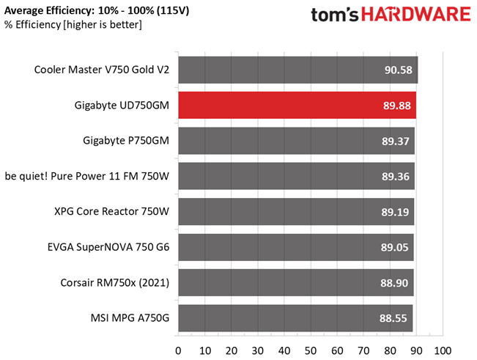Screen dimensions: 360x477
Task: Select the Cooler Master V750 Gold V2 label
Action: pyautogui.click(x=101, y=70)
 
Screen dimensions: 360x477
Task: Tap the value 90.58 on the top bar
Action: pyautogui.click(x=399, y=70)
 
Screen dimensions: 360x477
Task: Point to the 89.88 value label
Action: pyautogui.click(x=399, y=106)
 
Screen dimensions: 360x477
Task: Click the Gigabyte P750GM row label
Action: pyautogui.click(x=122, y=141)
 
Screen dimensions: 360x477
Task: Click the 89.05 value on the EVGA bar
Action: pyautogui.click(x=399, y=247)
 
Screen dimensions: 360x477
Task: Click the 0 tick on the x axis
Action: pyautogui.click(x=178, y=348)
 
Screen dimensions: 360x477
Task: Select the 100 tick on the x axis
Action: pyautogui.click(x=442, y=348)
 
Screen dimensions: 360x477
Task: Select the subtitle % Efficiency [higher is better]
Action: pyautogui.click(x=73, y=26)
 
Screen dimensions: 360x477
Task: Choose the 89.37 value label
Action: pyautogui.click(x=399, y=141)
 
